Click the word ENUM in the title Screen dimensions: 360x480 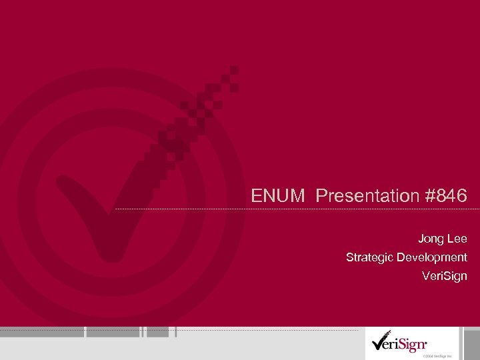[x=278, y=196]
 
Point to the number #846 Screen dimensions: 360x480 [x=445, y=196]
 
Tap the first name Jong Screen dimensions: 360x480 [x=431, y=238]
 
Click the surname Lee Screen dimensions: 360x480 [x=457, y=238]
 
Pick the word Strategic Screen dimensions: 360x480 [x=370, y=257]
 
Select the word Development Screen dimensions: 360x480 [x=432, y=257]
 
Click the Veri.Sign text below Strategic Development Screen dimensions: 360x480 [x=445, y=275]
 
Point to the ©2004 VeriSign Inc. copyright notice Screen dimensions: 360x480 [x=436, y=356]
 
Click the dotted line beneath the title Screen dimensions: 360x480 [x=293, y=209]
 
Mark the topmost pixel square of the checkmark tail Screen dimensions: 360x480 [x=234, y=69]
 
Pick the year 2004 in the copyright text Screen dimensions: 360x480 [x=429, y=356]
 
